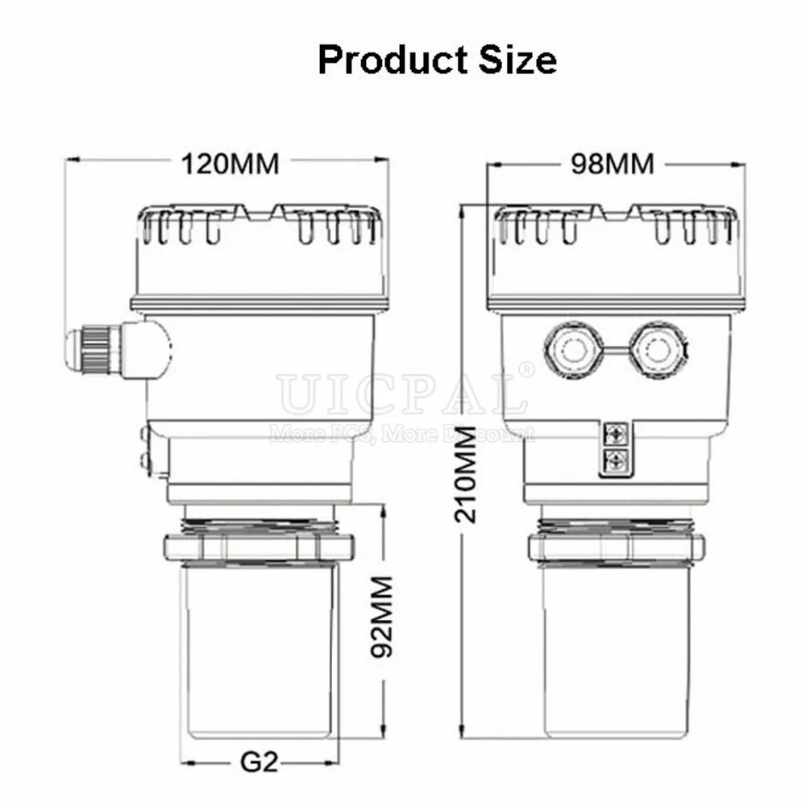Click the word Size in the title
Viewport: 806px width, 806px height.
517,60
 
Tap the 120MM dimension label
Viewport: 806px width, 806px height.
231,164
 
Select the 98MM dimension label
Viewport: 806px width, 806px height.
613,164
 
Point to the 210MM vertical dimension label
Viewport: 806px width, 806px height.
466,474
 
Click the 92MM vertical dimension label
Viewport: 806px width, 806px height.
382,617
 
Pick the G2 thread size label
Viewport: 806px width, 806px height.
259,762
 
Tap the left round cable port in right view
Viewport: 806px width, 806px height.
574,351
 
